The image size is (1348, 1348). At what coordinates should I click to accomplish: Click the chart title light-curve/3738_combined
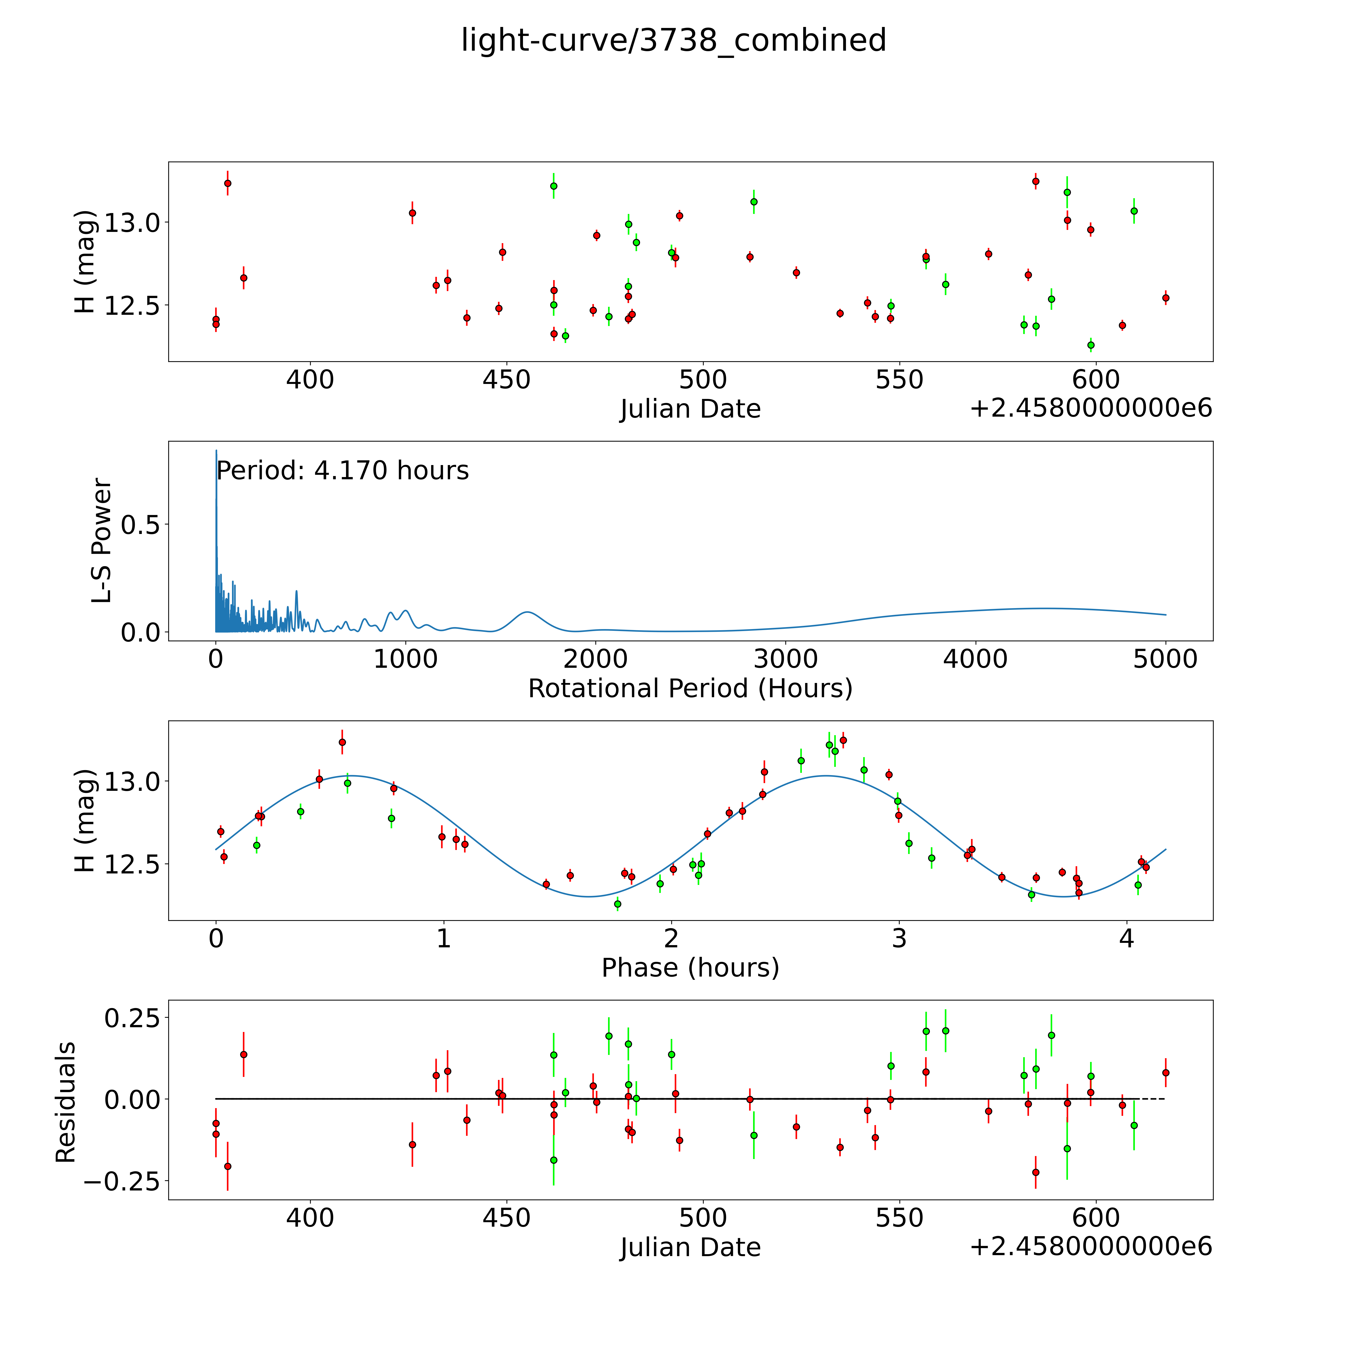tap(673, 40)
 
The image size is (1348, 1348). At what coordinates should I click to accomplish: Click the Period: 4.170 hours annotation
tap(342, 471)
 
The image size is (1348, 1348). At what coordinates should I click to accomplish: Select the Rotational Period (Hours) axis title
tap(690, 689)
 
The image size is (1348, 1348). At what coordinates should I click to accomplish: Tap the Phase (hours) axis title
tap(690, 968)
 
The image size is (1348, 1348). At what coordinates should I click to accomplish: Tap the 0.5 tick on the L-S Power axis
tap(140, 525)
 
